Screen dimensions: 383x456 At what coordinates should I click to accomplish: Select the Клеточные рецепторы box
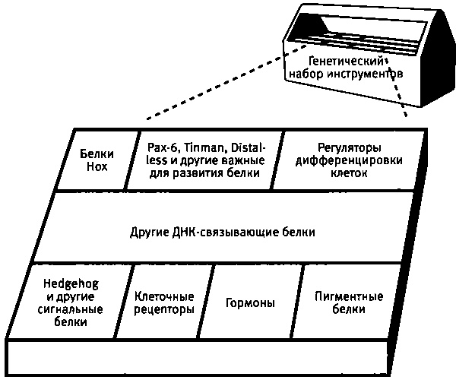click(x=164, y=302)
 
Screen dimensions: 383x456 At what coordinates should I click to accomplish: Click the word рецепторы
click(x=164, y=309)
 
